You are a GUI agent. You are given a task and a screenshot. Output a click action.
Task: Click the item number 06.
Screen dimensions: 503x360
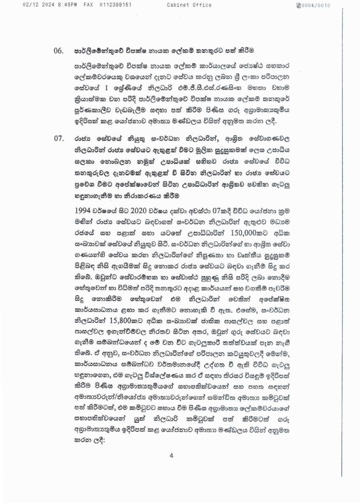pyautogui.click(x=59, y=50)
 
